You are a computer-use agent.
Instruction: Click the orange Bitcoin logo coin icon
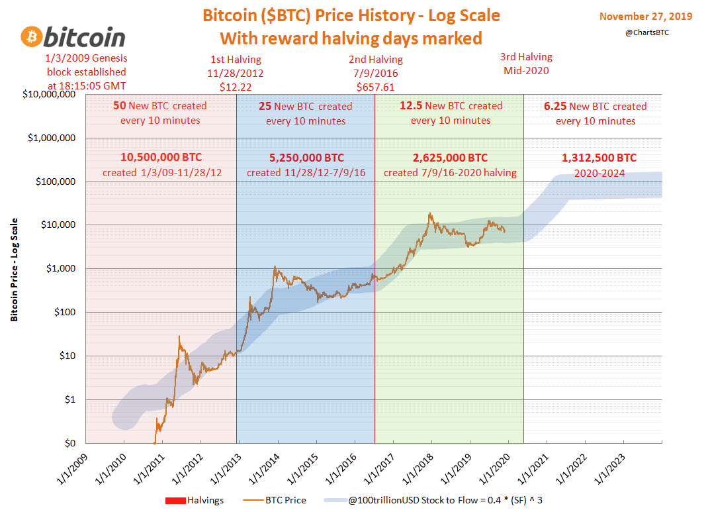tap(34, 38)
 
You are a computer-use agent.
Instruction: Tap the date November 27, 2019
tap(645, 16)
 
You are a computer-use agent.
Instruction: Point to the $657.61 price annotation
tap(376, 87)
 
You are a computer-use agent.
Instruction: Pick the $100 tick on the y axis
tap(65, 312)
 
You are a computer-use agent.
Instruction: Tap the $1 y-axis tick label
tap(69, 399)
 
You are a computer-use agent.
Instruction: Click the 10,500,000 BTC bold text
tap(161, 158)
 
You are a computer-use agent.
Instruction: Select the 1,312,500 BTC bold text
tap(599, 158)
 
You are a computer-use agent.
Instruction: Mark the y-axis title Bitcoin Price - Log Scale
tap(14, 270)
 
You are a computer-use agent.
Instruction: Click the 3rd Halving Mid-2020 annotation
tap(526, 64)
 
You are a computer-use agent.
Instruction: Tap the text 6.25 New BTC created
tap(595, 106)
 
